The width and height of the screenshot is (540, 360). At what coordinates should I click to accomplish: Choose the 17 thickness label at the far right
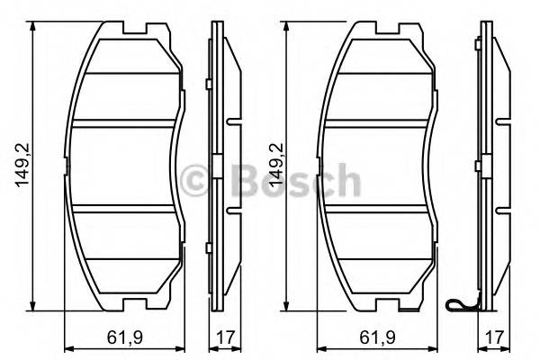(x=490, y=340)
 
